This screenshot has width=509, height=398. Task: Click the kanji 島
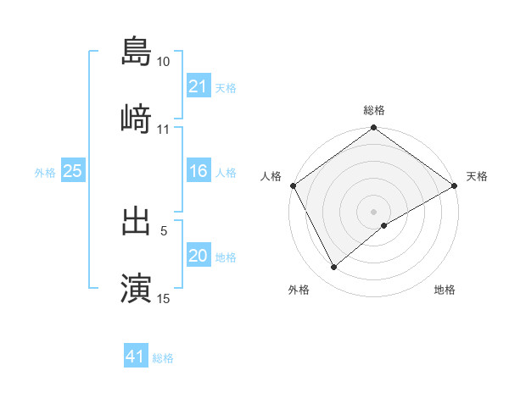coord(136,51)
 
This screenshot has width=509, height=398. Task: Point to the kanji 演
coord(136,287)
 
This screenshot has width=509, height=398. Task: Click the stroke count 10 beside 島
coord(164,63)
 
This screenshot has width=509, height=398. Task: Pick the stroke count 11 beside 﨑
coord(164,130)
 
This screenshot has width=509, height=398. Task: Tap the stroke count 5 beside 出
coord(164,229)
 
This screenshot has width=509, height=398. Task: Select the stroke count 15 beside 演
coord(164,298)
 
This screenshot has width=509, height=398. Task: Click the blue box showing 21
coord(198,86)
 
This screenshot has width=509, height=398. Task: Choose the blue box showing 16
coord(198,172)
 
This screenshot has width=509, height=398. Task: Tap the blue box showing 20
coord(198,257)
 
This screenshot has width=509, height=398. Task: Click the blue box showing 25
coord(72,172)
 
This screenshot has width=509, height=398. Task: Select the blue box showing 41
coord(136,357)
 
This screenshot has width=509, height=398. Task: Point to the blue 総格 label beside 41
coord(163,358)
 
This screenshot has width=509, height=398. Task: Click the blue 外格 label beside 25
coord(45,173)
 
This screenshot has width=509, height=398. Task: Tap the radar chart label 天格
coord(477,176)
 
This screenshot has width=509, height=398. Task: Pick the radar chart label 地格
coord(445,290)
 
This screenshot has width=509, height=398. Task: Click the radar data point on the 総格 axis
coord(373,129)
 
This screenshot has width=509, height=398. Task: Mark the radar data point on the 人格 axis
coord(294,185)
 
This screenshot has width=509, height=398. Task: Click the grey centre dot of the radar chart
coord(373,211)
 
